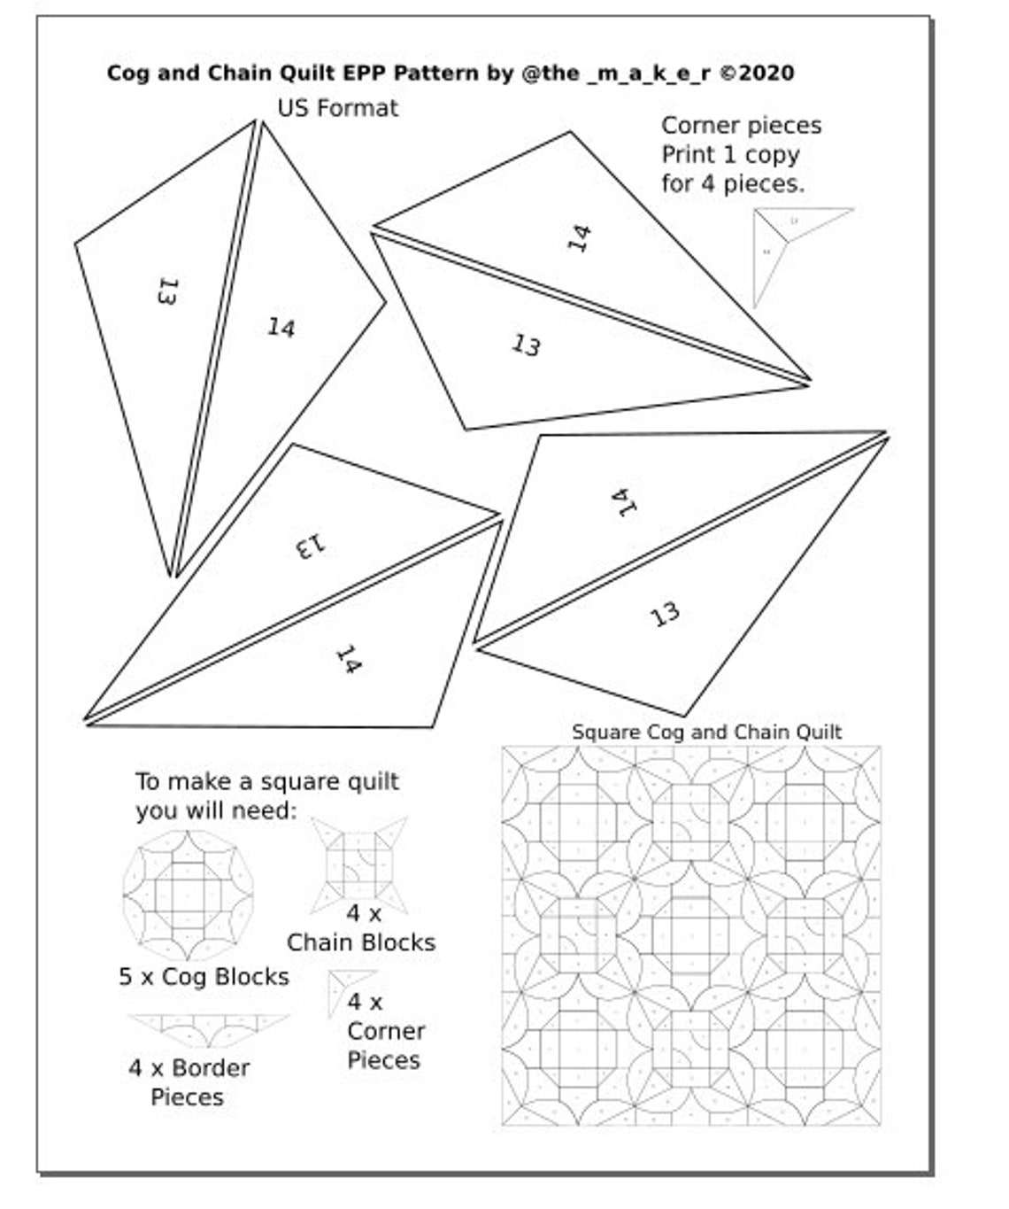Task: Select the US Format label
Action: tap(337, 108)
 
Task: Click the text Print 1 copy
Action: tap(730, 155)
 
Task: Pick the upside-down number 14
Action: tap(624, 502)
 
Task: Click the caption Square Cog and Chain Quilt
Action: tap(705, 732)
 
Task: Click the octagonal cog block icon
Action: tap(188, 895)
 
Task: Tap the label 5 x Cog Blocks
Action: tap(204, 977)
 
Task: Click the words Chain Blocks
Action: tap(361, 942)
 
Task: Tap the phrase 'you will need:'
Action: tap(216, 810)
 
